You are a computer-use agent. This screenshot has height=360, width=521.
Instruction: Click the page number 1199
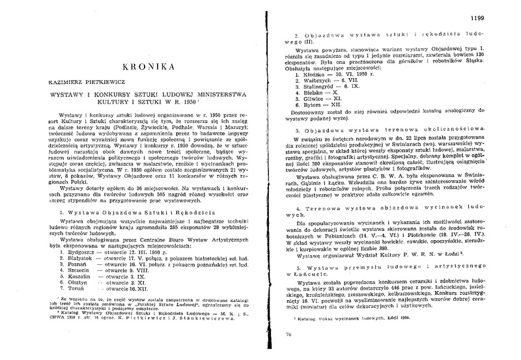[x=496, y=10]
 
